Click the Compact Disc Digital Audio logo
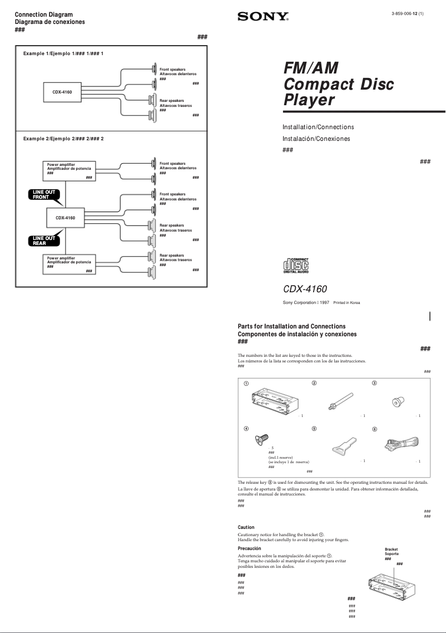(x=296, y=265)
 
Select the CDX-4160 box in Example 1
(x=62, y=91)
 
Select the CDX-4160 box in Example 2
(x=65, y=218)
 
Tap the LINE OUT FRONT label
(x=44, y=194)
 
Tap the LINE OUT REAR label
(x=44, y=241)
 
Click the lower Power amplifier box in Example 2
(x=69, y=264)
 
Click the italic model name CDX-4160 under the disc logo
(x=305, y=289)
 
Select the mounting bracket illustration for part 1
(x=276, y=400)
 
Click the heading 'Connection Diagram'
(x=43, y=14)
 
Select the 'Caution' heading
(x=246, y=527)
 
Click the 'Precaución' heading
(x=249, y=548)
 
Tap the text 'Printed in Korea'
(x=346, y=303)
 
